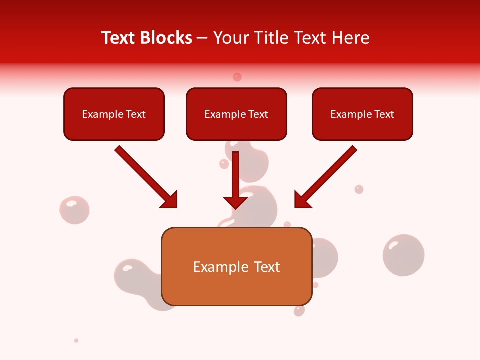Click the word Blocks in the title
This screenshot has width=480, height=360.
coord(167,38)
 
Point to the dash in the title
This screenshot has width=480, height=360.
coord(202,38)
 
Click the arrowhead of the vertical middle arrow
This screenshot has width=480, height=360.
coord(236,202)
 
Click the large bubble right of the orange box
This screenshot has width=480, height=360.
coord(403,255)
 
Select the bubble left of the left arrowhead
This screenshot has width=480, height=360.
coord(74,210)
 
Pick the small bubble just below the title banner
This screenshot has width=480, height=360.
coord(237,77)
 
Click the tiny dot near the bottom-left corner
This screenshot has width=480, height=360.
coord(76,340)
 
